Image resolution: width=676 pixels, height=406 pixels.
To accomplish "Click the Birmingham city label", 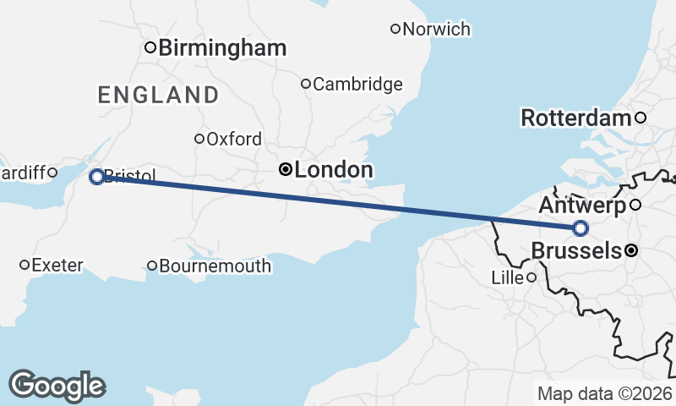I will click(222, 48).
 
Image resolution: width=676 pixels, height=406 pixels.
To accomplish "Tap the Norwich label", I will click(436, 30).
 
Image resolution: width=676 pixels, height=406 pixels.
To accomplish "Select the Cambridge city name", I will click(357, 85).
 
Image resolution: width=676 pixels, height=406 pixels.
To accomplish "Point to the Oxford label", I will click(234, 140).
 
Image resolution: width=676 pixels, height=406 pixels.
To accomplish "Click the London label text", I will click(334, 170).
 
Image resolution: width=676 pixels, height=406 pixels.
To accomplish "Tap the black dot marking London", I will click(286, 170).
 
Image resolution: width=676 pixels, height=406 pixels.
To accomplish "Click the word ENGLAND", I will click(158, 95).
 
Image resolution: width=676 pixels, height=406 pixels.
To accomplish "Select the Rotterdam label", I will click(576, 118).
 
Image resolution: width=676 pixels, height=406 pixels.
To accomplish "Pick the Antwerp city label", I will click(582, 206).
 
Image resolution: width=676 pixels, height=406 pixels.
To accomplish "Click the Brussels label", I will click(576, 250).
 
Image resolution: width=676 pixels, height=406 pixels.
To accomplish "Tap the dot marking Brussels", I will click(630, 250).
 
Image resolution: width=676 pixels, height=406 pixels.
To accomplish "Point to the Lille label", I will click(509, 277).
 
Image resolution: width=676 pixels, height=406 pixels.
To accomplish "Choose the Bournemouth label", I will click(215, 266).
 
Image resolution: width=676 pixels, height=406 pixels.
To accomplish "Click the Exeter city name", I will click(57, 266).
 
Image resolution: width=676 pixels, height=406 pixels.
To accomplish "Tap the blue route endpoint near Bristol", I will click(96, 177).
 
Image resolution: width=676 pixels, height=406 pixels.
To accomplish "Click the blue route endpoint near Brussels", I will click(580, 228).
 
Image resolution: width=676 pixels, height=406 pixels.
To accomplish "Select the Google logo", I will click(57, 385).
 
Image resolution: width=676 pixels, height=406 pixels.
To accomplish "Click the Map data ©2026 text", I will click(604, 393).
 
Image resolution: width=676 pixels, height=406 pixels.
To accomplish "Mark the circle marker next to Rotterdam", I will click(641, 118).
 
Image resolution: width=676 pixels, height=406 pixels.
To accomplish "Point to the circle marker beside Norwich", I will click(395, 29).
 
